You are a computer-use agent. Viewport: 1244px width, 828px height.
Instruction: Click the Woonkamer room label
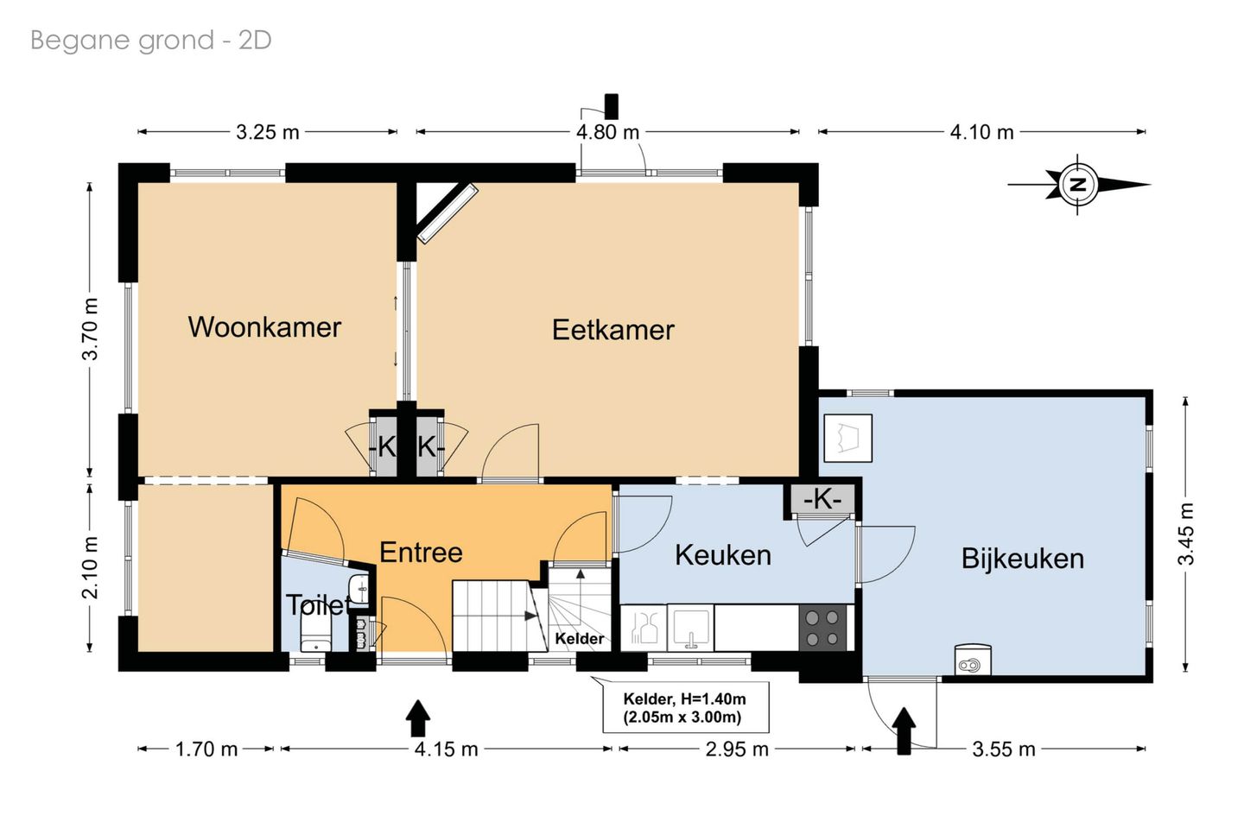(x=264, y=327)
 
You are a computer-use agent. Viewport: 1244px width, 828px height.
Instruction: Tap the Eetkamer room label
(x=613, y=330)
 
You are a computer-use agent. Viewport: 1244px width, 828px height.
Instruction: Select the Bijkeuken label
(x=1023, y=559)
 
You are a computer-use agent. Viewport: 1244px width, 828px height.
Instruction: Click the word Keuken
(x=723, y=555)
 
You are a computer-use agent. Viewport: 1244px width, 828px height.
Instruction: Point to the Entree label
(x=421, y=553)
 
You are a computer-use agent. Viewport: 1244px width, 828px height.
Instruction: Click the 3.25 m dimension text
(x=268, y=132)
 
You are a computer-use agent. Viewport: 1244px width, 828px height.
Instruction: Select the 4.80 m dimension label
(x=607, y=132)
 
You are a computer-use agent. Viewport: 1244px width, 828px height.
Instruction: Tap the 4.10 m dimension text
(x=982, y=132)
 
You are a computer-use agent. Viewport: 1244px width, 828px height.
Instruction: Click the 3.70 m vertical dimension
(x=91, y=329)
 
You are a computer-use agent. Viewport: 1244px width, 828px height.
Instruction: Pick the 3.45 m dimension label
(x=1185, y=534)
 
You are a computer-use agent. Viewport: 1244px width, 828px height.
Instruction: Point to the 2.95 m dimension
(x=737, y=749)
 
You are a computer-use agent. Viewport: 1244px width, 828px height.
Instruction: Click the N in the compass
(x=1078, y=184)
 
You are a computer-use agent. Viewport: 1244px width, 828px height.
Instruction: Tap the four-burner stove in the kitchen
(x=822, y=628)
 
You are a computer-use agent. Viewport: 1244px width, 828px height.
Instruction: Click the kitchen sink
(x=690, y=628)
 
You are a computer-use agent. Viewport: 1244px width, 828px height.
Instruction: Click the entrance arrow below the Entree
(x=417, y=717)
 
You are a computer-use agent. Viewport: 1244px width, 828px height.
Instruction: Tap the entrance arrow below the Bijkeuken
(x=904, y=730)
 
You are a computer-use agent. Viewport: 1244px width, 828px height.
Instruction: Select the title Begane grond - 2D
(x=151, y=41)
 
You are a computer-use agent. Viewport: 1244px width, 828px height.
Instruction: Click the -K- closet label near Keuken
(x=822, y=500)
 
